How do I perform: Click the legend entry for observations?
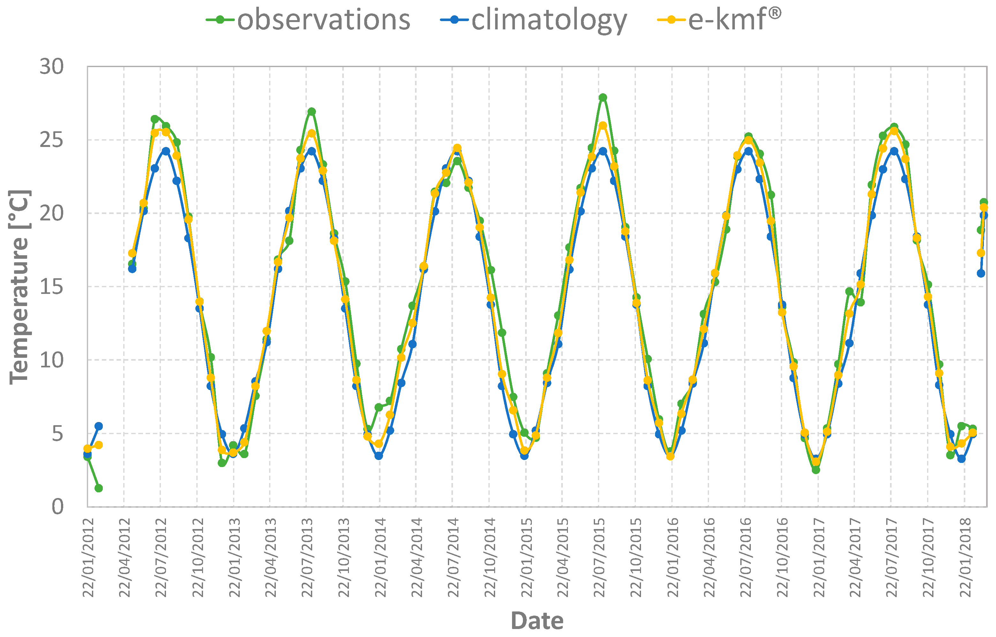coord(308,19)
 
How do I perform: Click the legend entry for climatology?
coord(533,19)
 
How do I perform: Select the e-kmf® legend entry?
coord(720,19)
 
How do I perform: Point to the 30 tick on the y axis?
coord(52,66)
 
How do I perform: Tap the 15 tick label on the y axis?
coord(52,287)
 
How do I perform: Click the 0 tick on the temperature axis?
coord(57,507)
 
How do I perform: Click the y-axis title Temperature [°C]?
coord(19,287)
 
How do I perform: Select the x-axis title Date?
coord(537,621)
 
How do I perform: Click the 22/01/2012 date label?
coord(88,557)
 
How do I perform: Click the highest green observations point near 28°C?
coord(603,97)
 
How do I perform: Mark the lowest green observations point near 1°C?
coord(98,488)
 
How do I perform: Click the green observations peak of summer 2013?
coord(312,112)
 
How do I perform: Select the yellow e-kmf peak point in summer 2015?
coord(603,126)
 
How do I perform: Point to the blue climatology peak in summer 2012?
coord(166,151)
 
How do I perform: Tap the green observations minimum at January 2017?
coord(816,470)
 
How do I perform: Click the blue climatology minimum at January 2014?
coord(379,456)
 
